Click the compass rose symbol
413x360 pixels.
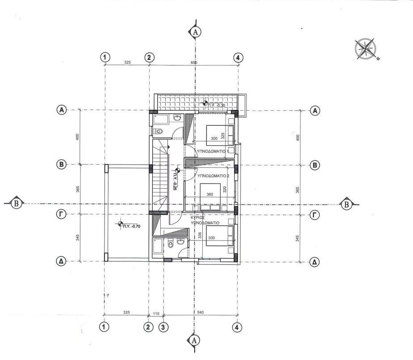click(x=365, y=49)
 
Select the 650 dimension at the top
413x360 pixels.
click(x=194, y=63)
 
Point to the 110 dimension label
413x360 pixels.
click(x=156, y=313)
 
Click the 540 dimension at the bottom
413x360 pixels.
click(x=200, y=313)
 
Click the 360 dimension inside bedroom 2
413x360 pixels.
click(x=210, y=194)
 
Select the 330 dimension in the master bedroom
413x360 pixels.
click(x=212, y=238)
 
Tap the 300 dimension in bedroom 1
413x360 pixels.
click(x=214, y=139)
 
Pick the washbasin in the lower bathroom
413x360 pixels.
click(x=179, y=242)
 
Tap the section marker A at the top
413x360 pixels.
click(x=195, y=32)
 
